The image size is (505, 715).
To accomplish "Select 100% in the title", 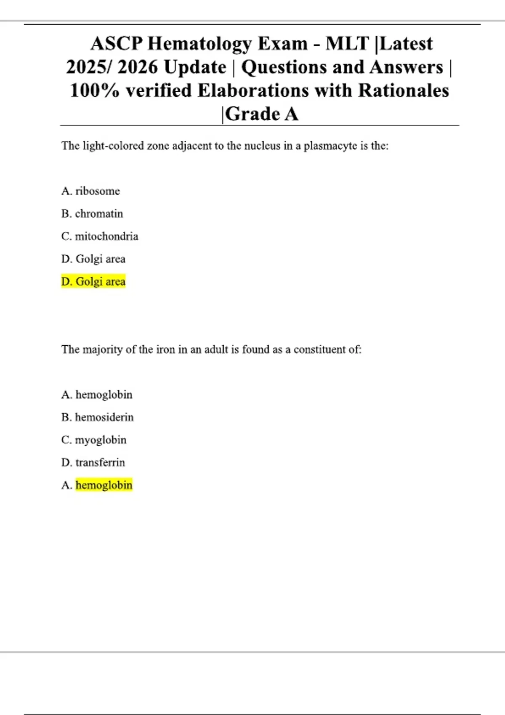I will [x=95, y=91].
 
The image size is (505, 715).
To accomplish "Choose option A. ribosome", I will [x=90, y=191].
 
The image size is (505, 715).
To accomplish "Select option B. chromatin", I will [x=92, y=214].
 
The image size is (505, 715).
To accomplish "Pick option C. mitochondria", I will [x=100, y=236].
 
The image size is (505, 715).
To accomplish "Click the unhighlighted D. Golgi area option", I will [x=93, y=259].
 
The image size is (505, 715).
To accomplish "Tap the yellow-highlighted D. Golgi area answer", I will [x=93, y=281].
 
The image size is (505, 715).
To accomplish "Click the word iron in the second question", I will [x=165, y=350].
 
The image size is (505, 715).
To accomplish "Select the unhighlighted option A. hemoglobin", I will [x=97, y=395].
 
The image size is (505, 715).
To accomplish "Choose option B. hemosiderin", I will [x=98, y=417].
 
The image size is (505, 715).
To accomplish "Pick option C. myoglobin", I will [x=94, y=440].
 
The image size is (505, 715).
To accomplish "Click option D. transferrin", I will [x=93, y=463].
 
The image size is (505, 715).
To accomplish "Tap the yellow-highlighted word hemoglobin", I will [x=104, y=485].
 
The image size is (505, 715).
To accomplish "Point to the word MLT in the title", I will [x=347, y=44].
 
